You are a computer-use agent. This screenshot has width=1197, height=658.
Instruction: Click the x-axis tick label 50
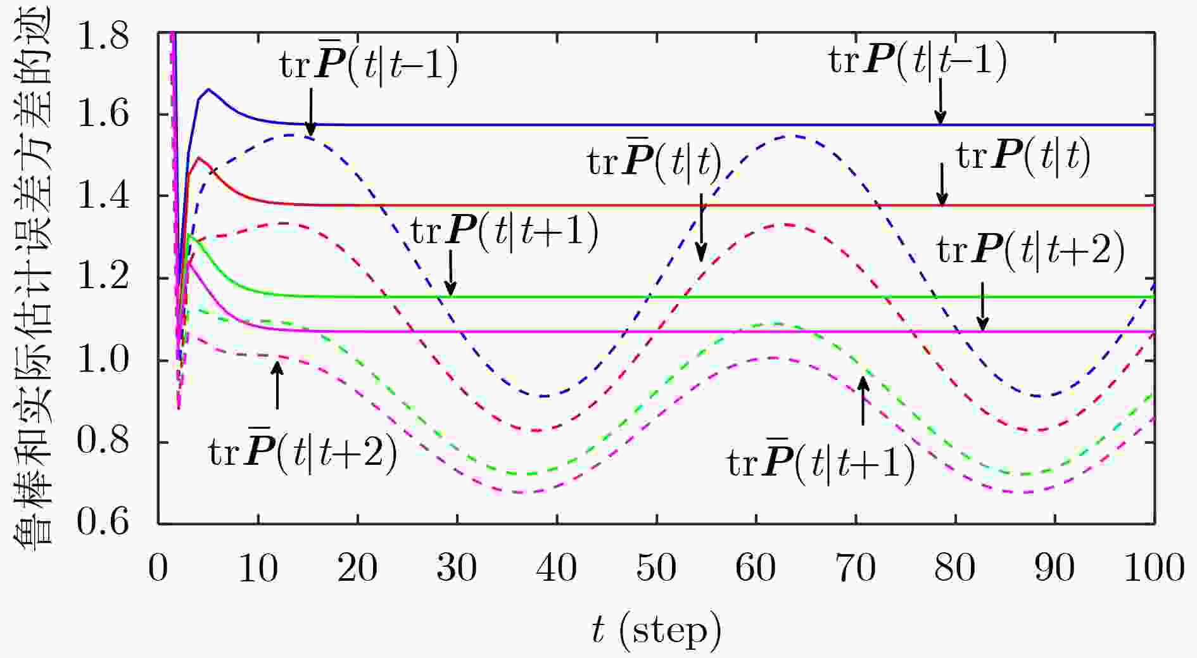(656, 567)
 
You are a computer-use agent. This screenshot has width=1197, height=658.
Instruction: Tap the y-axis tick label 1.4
(103, 196)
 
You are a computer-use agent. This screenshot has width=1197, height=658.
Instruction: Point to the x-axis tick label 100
(1154, 567)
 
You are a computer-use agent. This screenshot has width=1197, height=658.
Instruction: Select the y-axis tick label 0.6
(103, 522)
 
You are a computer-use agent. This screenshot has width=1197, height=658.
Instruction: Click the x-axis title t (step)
(656, 630)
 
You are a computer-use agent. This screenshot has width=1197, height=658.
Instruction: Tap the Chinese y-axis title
(32, 279)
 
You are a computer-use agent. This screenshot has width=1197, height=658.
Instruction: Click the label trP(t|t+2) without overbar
(1031, 250)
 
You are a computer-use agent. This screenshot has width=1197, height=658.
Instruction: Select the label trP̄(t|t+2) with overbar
(303, 451)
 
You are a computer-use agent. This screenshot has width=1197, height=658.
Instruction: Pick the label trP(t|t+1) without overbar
(505, 231)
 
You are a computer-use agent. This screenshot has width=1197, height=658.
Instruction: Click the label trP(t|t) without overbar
(1023, 156)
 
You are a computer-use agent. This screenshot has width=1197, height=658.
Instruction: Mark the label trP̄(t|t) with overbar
(655, 162)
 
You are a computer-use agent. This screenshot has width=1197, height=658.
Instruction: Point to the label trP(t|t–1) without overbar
(917, 61)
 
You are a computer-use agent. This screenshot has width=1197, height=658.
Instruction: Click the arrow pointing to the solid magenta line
(982, 307)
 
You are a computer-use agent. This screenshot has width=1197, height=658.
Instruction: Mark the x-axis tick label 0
(158, 567)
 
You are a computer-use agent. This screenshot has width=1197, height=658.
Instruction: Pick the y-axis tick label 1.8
(103, 38)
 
